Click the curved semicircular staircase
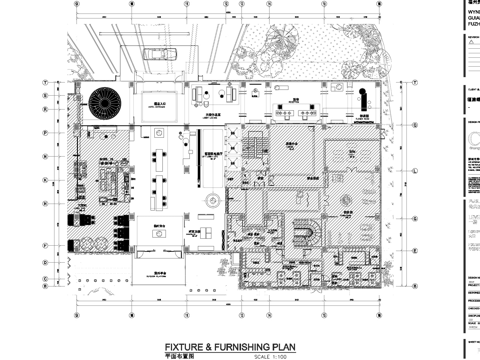click(304, 236)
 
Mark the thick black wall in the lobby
click(200, 175)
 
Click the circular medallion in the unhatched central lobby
click(209, 201)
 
